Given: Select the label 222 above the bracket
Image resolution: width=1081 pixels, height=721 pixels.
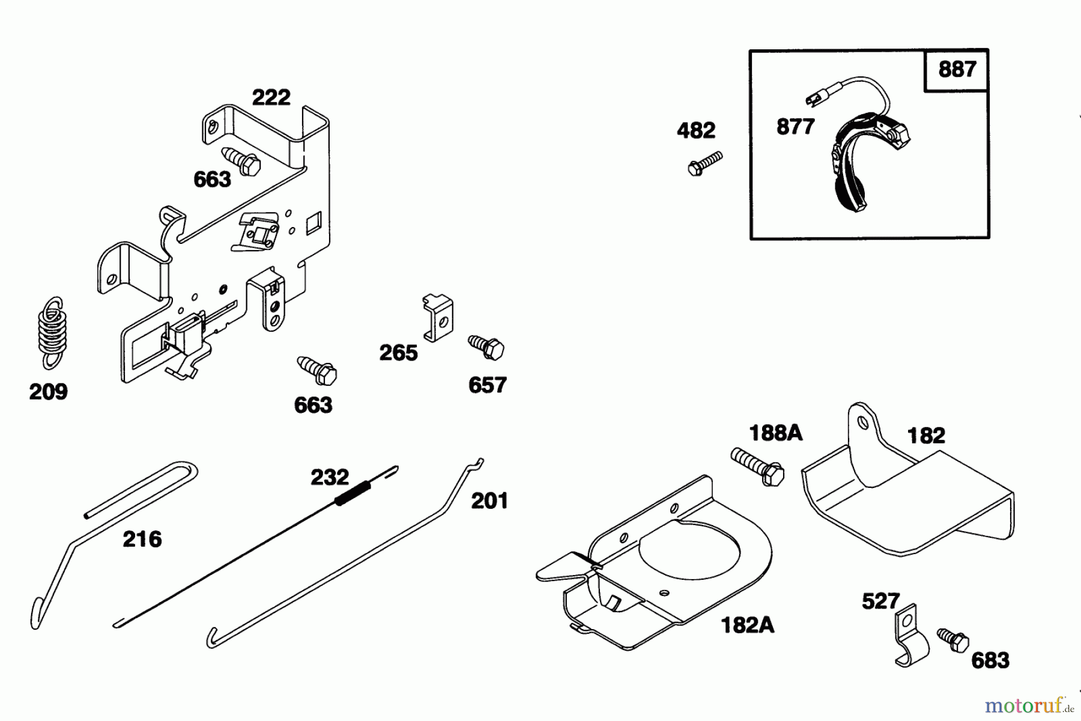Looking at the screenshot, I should pos(271,97).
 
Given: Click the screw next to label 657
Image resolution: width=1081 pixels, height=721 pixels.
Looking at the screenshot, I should pos(486,347).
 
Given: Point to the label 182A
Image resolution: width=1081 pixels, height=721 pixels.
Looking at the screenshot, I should pos(747,626).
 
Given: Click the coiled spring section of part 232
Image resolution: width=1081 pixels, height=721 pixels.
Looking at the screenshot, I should pos(351,493).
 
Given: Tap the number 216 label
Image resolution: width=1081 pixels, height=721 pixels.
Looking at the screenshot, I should pos(142,539).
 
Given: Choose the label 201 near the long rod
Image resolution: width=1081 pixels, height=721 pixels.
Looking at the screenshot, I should pos(489,500).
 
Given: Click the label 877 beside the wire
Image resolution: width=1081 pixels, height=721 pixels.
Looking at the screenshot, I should pos(795,127).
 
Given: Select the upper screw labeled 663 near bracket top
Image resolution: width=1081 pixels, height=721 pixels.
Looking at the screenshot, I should pos(241,160).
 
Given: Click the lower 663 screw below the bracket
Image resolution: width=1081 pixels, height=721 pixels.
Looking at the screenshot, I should pos(317,371).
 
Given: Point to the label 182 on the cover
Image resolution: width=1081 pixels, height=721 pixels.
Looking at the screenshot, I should pos(926,436).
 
